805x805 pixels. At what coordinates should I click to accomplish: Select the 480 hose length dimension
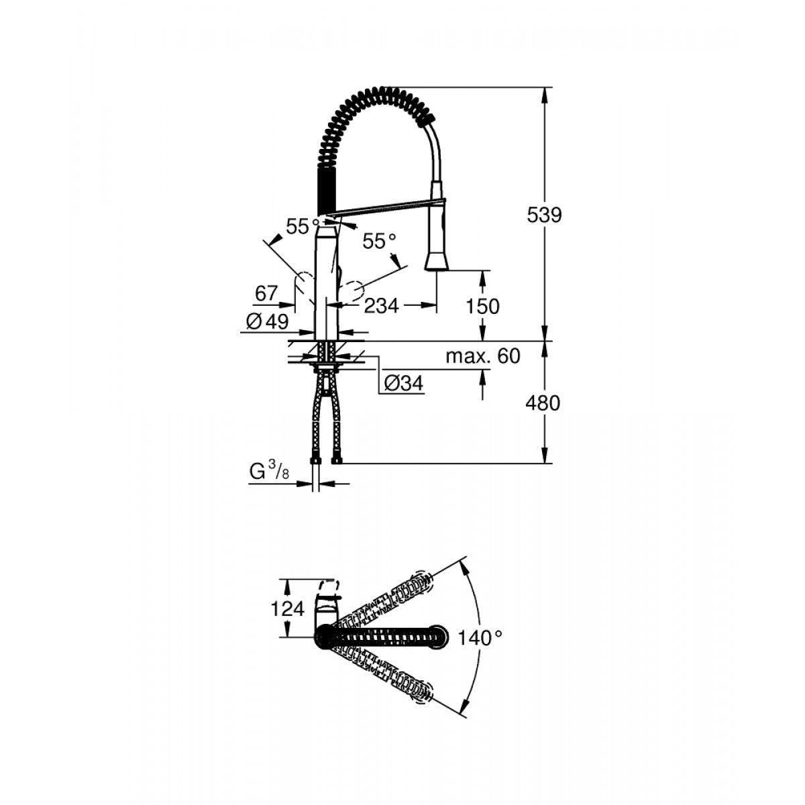coord(544,403)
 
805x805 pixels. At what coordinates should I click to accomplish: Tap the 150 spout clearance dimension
coord(484,306)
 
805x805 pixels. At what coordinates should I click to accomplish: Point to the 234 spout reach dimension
coord(381,306)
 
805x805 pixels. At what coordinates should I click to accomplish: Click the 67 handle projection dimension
coord(266,292)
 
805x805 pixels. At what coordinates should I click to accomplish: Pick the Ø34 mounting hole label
coord(405,384)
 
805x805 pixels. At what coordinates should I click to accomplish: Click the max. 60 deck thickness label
coord(483,356)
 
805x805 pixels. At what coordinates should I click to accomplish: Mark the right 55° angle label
coord(380,241)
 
